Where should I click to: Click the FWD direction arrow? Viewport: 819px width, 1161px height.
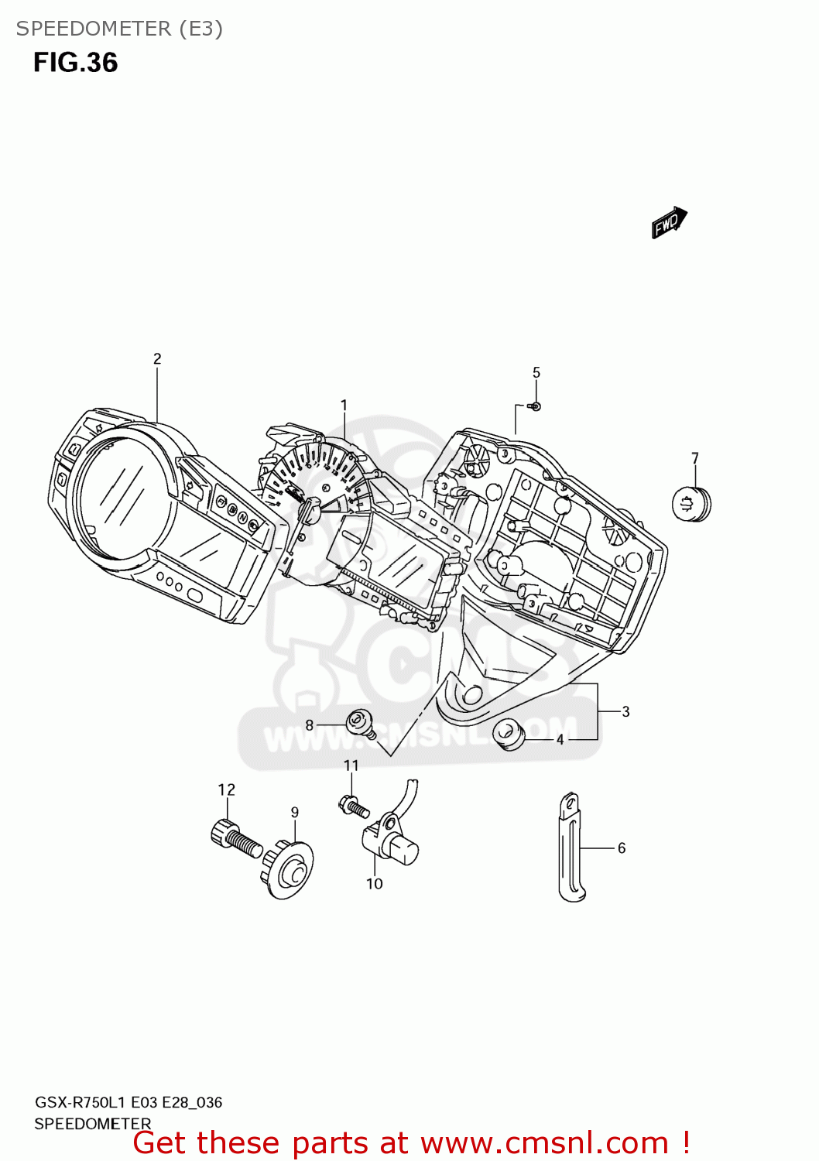coord(669,223)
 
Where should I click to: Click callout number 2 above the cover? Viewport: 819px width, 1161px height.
coord(157,359)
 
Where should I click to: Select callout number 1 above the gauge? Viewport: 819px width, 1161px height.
coord(344,406)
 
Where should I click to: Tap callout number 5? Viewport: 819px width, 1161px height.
coord(536,373)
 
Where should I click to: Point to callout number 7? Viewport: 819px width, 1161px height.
coord(695,459)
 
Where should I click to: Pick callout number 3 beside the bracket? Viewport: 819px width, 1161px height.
coord(625,712)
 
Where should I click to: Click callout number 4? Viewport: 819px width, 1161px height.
coord(560,740)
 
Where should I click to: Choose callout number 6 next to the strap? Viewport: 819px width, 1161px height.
coord(622,848)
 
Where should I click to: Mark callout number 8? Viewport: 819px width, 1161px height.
coord(310,725)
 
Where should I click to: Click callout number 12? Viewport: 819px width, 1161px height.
coord(226,790)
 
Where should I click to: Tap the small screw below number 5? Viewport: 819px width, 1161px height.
coord(535,406)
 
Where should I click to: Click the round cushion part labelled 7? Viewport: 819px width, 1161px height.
coord(691,505)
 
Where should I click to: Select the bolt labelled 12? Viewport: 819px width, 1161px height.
coord(235,840)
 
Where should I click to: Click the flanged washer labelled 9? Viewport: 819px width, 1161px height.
coord(289,870)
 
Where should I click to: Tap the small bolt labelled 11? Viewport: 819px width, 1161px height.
coord(354,807)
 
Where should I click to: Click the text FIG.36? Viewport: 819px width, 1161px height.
coord(75,63)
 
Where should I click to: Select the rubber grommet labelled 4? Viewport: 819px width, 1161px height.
coord(509,733)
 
